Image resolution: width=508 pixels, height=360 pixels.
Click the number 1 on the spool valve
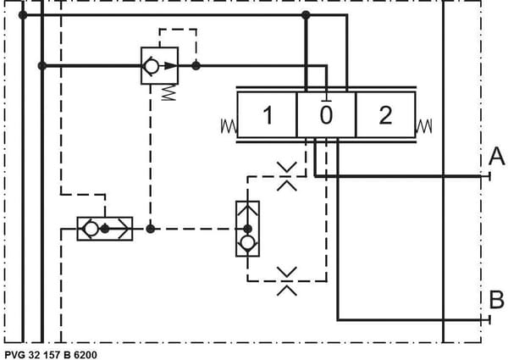[x=268, y=115]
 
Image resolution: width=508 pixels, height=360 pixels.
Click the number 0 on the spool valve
[x=326, y=115]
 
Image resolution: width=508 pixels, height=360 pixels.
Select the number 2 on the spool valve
[x=385, y=115]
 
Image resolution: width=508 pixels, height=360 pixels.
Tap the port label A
[x=497, y=156]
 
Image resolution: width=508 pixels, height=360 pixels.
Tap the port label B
[x=497, y=300]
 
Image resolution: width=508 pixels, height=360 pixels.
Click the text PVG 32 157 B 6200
[x=51, y=355]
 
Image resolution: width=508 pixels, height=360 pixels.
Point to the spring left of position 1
[x=229, y=126]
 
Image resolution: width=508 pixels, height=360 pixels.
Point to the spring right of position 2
[x=424, y=126]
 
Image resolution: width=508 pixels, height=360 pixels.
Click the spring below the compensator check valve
[x=168, y=92]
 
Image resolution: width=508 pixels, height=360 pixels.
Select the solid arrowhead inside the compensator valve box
[x=171, y=66]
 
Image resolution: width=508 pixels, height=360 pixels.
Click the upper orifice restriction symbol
[x=287, y=176]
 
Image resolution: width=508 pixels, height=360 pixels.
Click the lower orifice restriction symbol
[x=287, y=281]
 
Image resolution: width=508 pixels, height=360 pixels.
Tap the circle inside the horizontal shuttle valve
[x=91, y=229]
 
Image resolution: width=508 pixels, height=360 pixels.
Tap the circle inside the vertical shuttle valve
[x=247, y=243]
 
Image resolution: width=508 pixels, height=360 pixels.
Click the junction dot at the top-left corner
[x=23, y=15]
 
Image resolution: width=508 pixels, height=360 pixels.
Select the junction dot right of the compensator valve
[x=196, y=66]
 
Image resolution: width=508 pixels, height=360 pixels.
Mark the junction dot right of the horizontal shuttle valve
[x=151, y=229]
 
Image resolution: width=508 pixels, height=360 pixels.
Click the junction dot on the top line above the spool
[x=306, y=15]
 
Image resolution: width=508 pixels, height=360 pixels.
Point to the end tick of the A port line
[x=489, y=176]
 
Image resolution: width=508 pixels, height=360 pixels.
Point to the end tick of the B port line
[x=489, y=320]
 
